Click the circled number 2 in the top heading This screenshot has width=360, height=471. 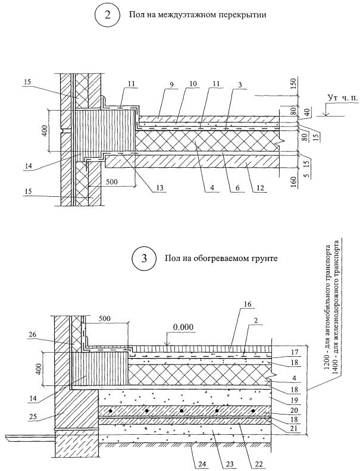(x=107, y=15)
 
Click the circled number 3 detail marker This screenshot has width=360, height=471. (x=144, y=258)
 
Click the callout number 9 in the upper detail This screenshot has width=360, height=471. (x=171, y=84)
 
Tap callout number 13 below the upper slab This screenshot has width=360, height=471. (x=159, y=188)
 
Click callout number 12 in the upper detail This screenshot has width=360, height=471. (x=260, y=188)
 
